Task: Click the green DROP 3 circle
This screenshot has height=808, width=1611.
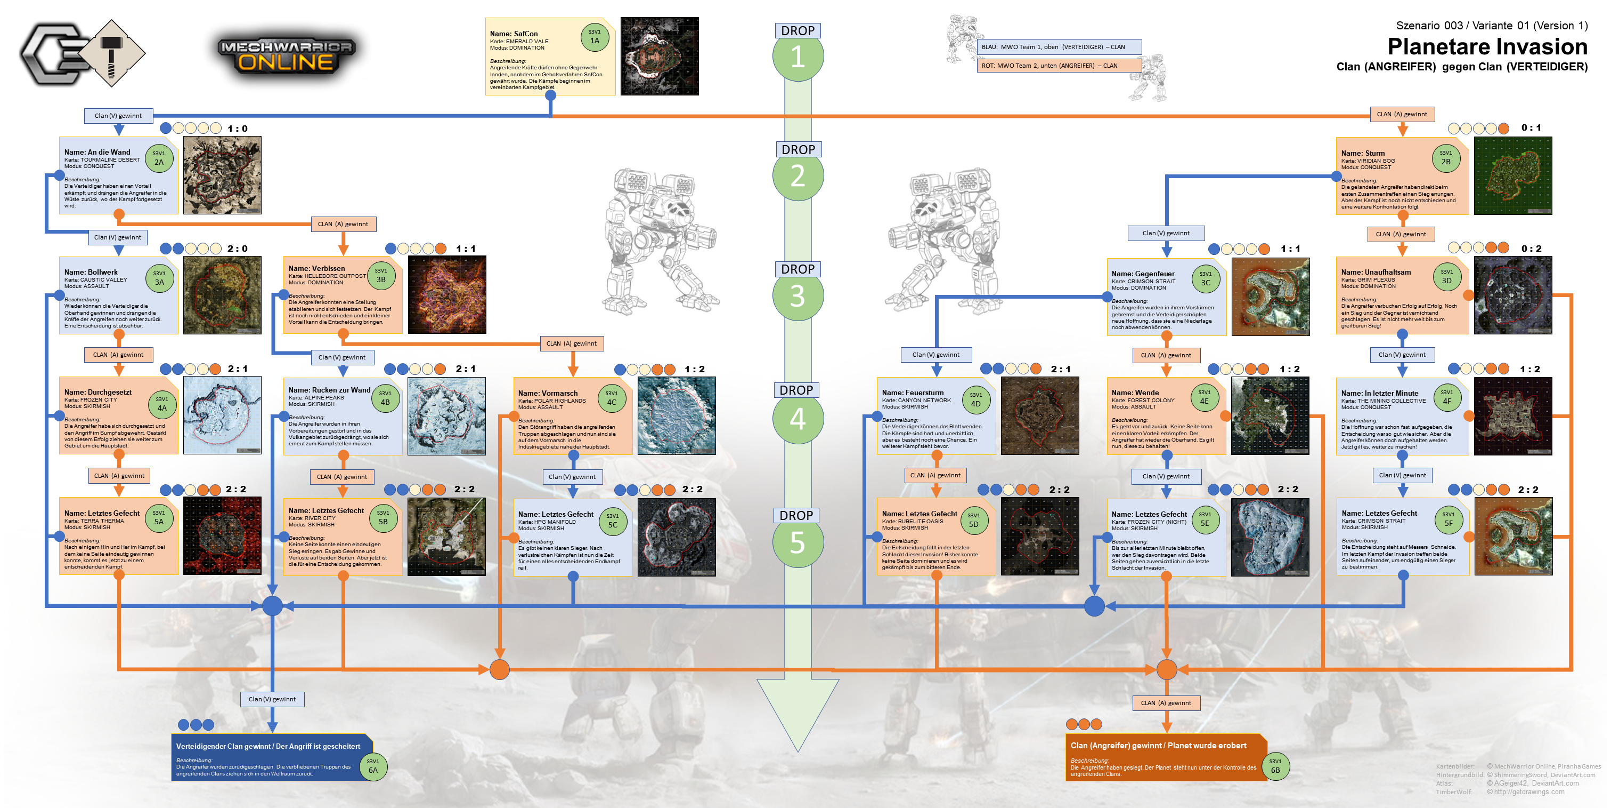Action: coord(798,295)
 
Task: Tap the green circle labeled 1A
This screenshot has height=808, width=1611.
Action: coord(594,37)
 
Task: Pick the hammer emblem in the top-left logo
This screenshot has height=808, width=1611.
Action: coord(112,53)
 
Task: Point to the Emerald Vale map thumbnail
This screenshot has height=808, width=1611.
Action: coord(659,57)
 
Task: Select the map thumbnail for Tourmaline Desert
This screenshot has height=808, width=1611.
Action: coord(222,175)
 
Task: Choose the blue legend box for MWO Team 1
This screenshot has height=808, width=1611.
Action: coord(1059,47)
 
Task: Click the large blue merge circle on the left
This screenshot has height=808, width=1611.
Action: coord(272,606)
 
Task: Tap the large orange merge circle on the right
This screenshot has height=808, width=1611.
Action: coord(1166,670)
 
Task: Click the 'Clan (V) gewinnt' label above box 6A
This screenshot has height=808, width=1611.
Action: coord(272,699)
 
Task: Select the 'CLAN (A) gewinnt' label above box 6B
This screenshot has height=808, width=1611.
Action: coord(1166,703)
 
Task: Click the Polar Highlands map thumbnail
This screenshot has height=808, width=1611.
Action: coord(676,415)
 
